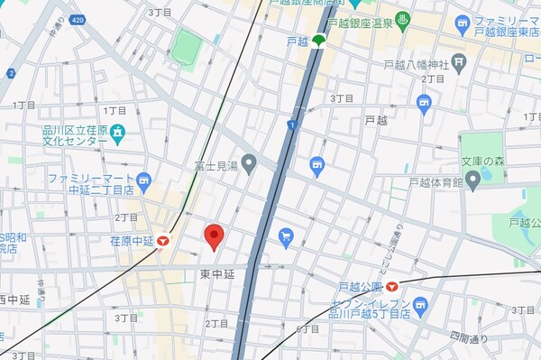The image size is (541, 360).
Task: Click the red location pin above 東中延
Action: (214, 236)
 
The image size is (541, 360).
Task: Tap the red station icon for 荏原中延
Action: (163, 241)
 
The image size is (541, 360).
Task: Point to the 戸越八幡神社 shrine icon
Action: (459, 62)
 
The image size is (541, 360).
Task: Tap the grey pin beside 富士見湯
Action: (250, 164)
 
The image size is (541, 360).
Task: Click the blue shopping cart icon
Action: (286, 236)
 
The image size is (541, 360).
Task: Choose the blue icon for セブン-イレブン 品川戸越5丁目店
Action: (421, 305)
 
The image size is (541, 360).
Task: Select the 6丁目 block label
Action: (307, 328)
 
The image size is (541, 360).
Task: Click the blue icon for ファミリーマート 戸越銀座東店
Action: (463, 21)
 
